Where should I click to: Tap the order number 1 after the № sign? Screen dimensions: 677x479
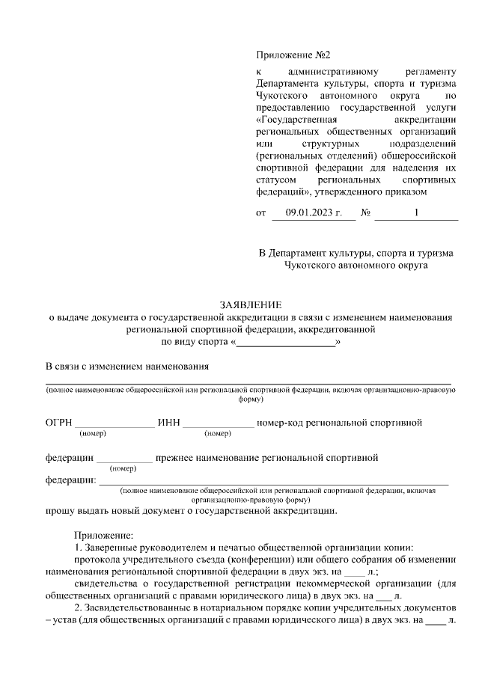tap(416, 214)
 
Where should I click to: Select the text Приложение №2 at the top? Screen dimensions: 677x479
tap(293, 55)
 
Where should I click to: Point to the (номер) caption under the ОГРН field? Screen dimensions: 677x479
tap(94, 434)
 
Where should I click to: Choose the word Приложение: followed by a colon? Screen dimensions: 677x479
tap(103, 535)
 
